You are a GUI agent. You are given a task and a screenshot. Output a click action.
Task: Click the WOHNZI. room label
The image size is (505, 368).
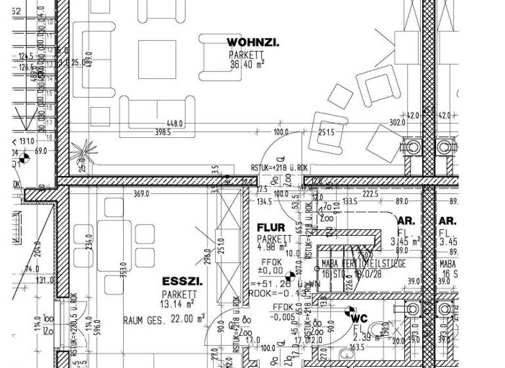point(252,43)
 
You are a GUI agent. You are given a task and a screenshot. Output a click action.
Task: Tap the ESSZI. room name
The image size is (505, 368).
point(182,282)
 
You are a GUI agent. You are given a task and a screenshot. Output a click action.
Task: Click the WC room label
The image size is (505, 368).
point(359,319)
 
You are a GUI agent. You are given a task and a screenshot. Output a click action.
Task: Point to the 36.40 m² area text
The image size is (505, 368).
point(247,64)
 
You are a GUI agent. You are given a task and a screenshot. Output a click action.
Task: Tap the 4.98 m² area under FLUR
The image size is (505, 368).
point(272,248)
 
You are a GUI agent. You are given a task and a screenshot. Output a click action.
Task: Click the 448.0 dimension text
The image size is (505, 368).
point(175,124)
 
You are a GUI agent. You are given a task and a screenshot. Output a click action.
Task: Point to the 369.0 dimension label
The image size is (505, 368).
point(141,194)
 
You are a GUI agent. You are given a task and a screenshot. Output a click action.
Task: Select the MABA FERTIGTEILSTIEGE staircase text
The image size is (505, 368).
point(364,264)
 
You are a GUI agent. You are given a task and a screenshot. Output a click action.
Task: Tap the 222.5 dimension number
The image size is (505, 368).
point(370,194)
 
